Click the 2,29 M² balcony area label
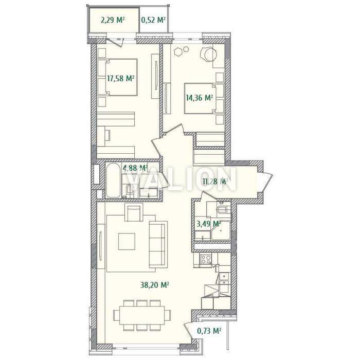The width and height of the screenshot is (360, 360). pyautogui.click(x=113, y=20)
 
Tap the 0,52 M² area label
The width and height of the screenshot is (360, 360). pyautogui.click(x=154, y=20)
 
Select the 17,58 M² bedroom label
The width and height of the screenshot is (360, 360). pyautogui.click(x=120, y=79)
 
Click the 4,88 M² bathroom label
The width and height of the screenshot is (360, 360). pyautogui.click(x=135, y=168)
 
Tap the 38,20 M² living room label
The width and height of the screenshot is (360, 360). pyautogui.click(x=155, y=285)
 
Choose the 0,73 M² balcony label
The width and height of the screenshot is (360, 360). pyautogui.click(x=209, y=331)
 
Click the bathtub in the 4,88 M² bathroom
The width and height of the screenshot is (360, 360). pyautogui.click(x=113, y=181)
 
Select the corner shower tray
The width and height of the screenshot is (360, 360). pyautogui.click(x=221, y=231)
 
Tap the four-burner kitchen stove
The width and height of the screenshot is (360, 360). pyautogui.click(x=206, y=259)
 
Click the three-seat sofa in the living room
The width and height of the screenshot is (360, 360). pyautogui.click(x=158, y=244)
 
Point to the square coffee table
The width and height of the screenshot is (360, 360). pyautogui.click(x=127, y=242)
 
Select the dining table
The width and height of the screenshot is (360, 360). pyautogui.click(x=142, y=315)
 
